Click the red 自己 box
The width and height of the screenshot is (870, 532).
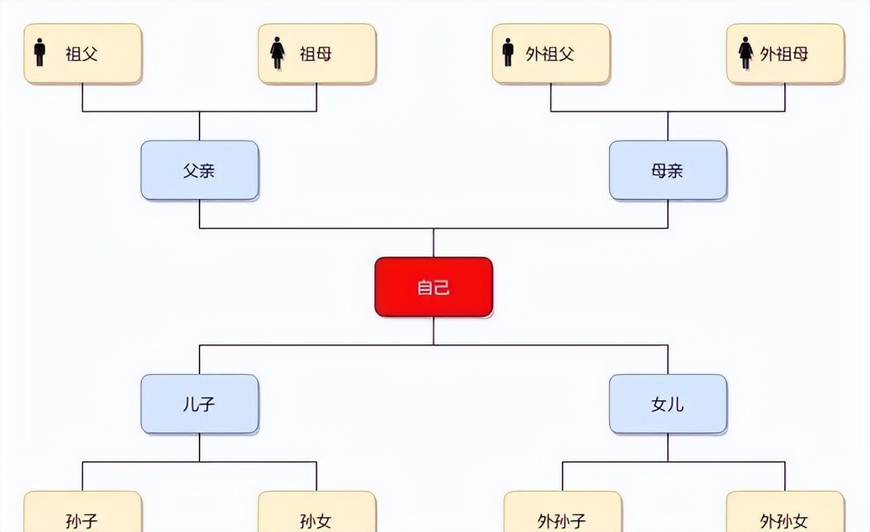coord(433,287)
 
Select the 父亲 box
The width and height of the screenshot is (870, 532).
coord(199,170)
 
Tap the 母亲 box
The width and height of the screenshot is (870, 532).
coord(667,170)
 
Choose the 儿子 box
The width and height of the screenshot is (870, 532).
coord(199,404)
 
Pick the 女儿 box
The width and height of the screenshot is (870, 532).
coord(667,404)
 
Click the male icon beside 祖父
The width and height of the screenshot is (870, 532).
coord(40,53)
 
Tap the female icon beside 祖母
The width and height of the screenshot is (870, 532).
coord(277,53)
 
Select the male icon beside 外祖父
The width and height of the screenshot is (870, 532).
coord(508,53)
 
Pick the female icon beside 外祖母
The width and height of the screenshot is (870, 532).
coord(746,53)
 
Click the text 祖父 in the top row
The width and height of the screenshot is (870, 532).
coord(82,54)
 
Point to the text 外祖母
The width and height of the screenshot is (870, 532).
coord(784,54)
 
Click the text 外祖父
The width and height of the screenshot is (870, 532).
coord(550,54)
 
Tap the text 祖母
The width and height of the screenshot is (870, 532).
coord(316,54)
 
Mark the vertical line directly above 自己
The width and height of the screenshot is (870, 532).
coord(433,243)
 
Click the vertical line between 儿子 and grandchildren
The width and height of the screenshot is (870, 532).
coord(199,448)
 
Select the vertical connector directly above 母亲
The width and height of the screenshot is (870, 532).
coord(668,126)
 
